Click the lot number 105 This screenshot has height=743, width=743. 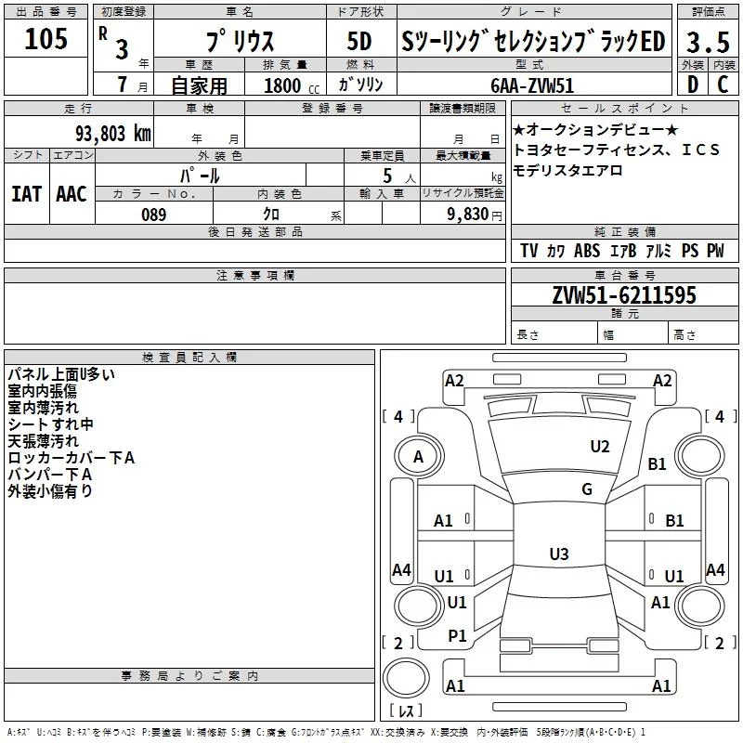coord(46,39)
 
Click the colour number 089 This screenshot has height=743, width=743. coord(153,214)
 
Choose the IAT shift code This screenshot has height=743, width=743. coord(27,193)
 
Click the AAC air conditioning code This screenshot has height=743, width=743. coord(71,193)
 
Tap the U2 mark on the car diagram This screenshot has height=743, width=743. coord(600,447)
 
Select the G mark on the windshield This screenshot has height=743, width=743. coord(587,489)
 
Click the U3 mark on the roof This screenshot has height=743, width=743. coord(558,554)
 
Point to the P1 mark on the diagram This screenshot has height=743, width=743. coord(457,635)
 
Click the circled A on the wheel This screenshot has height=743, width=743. coord(418,456)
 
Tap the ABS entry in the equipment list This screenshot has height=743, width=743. coord(586,251)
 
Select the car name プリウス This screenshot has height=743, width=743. coord(238,43)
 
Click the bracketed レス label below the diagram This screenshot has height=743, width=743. coord(405,712)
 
